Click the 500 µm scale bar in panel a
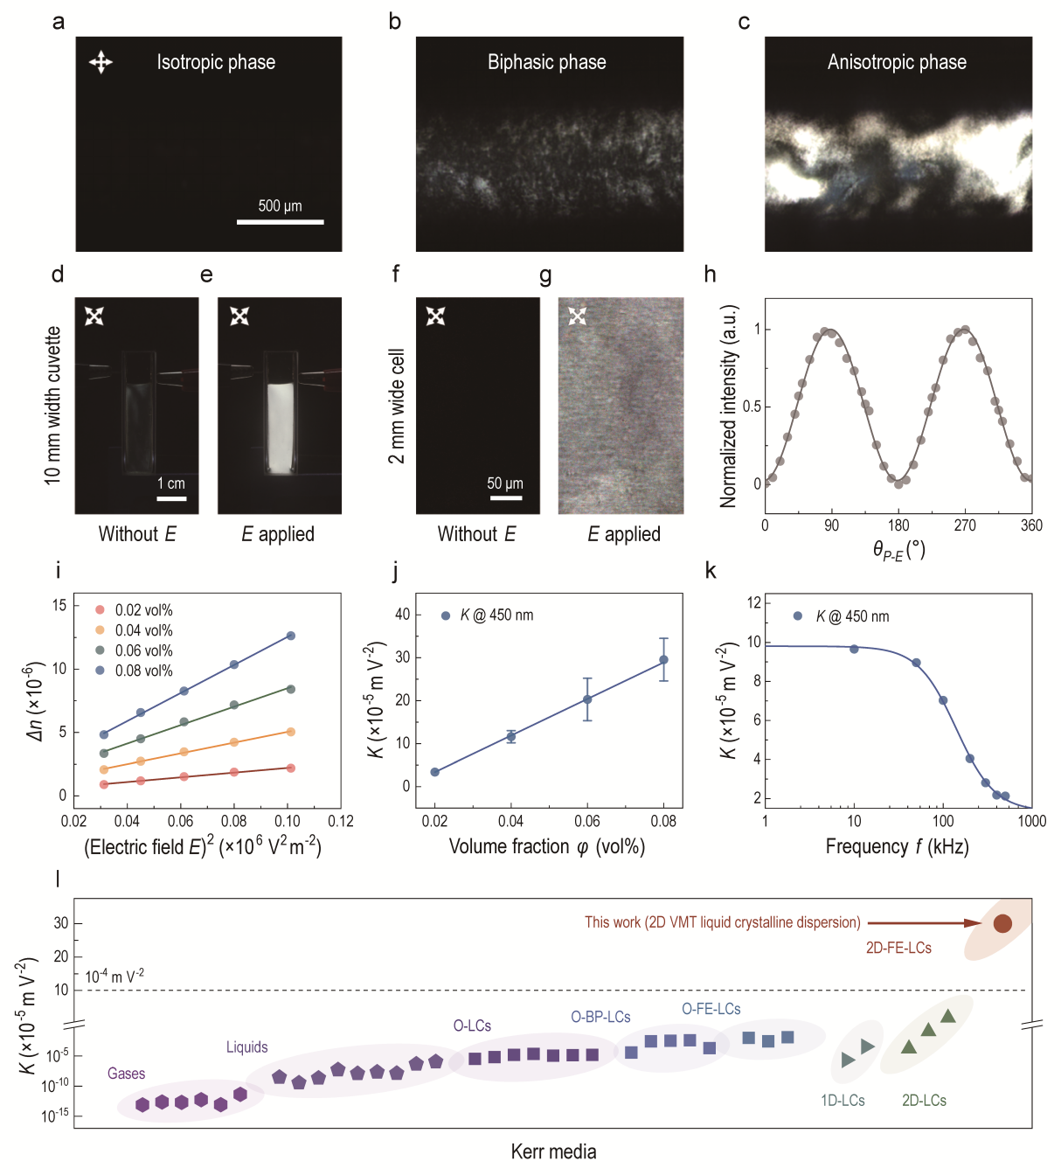[x=280, y=222]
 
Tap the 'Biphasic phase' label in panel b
[x=546, y=62]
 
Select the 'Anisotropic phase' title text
[x=897, y=62]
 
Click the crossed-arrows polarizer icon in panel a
[x=101, y=62]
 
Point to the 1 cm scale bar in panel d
[x=171, y=498]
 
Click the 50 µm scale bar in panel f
[x=506, y=497]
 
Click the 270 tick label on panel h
[x=965, y=525]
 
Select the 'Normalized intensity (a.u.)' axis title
[x=728, y=406]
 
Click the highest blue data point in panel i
[x=291, y=636]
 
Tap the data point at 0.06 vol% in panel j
[x=587, y=699]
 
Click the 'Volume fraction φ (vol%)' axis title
[x=546, y=846]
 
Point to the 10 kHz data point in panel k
[x=854, y=649]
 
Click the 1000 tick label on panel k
[x=1031, y=821]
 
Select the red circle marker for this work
[x=1002, y=923]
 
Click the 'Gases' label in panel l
[x=126, y=1074]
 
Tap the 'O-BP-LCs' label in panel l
[x=600, y=1017]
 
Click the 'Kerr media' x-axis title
[x=553, y=1151]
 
